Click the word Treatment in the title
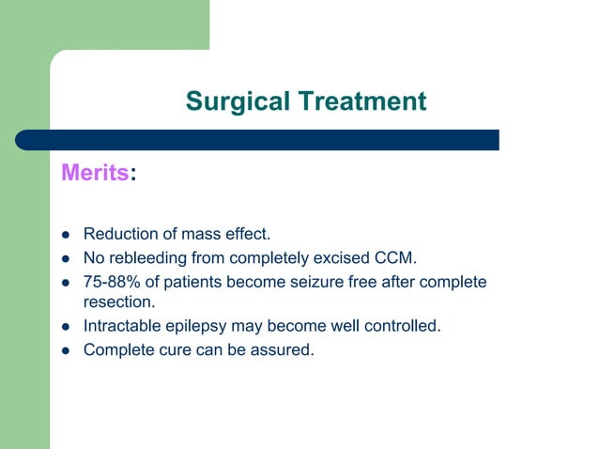[362, 101]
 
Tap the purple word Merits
[94, 174]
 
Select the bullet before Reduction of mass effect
[67, 234]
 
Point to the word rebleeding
[150, 257]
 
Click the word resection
[117, 303]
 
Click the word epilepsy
[202, 327]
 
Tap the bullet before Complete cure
[67, 350]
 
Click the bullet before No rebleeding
[67, 257]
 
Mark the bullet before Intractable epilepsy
[67, 327]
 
